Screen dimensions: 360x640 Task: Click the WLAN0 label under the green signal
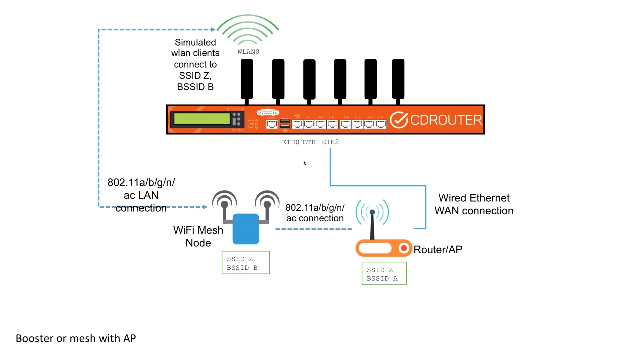[248, 52]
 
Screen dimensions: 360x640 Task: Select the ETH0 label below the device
[290, 142]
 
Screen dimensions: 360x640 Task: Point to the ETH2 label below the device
[330, 142]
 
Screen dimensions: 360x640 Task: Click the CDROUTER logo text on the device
[446, 120]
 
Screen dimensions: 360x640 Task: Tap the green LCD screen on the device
[202, 119]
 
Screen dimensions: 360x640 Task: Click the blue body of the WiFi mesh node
[246, 229]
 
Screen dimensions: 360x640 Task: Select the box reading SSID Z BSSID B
[246, 263]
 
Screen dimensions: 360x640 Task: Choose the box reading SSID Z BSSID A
[384, 274]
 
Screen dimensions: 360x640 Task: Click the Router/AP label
[438, 250]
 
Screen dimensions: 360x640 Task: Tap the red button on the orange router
[404, 248]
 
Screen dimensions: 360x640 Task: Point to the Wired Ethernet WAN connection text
[474, 204]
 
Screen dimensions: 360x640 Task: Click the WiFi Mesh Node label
[198, 236]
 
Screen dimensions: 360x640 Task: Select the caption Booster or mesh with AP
[76, 338]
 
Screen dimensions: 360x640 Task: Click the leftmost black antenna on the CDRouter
[247, 79]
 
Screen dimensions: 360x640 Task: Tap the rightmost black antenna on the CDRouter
[398, 79]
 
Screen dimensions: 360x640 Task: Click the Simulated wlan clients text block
[195, 64]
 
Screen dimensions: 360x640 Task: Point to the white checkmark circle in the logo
[399, 120]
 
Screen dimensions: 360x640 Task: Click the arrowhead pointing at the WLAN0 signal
[213, 30]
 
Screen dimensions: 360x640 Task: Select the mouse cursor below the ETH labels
[305, 163]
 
